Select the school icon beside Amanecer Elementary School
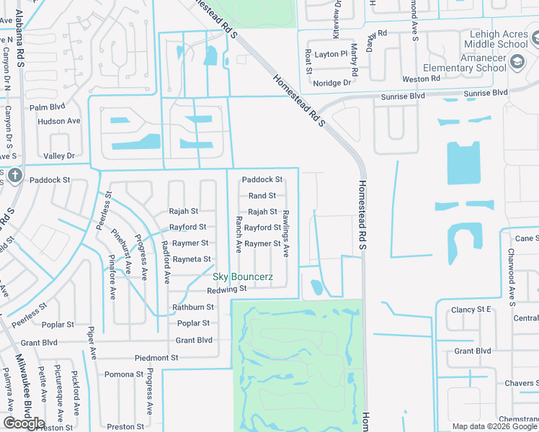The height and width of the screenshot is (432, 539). (517, 62)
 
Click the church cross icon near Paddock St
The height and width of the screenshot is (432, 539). (15, 176)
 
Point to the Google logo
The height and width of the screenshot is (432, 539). (24, 423)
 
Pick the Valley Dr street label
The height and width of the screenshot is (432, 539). (59, 156)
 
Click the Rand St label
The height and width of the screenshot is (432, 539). (262, 196)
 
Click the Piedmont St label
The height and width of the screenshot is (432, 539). (156, 358)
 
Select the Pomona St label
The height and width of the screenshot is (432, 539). (123, 374)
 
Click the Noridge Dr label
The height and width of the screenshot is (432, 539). (332, 83)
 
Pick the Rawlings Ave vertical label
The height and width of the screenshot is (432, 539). (285, 233)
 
